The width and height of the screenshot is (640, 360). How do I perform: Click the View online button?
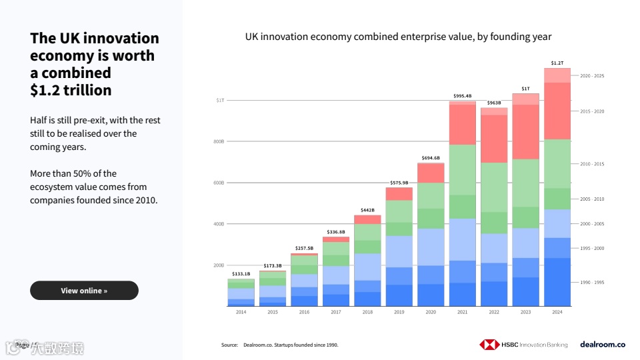[x=84, y=291]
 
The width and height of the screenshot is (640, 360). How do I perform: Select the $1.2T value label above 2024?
[x=557, y=63]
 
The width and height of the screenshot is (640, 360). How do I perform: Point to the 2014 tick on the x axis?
[x=241, y=312]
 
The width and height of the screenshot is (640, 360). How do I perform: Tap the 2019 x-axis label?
[x=399, y=312]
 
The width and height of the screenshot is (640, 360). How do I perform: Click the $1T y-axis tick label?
[x=220, y=101]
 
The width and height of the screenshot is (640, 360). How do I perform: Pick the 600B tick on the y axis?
[x=219, y=183]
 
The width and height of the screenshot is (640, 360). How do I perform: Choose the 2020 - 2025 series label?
[x=592, y=76]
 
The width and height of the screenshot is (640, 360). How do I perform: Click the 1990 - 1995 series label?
[x=592, y=283]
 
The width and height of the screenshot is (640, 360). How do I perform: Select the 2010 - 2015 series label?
[x=592, y=164]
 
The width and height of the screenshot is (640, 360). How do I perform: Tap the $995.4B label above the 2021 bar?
[x=462, y=96]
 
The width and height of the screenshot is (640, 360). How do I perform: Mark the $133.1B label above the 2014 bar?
[x=241, y=274]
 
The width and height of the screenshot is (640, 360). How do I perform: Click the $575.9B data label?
[x=399, y=183]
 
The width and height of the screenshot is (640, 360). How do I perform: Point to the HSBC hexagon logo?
[x=489, y=345]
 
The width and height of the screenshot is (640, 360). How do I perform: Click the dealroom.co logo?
[x=603, y=345]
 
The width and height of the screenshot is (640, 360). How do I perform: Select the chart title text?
[x=399, y=37]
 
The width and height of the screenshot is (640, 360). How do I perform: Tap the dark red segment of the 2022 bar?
[x=494, y=139]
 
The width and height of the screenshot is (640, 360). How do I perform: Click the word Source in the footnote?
[x=229, y=345]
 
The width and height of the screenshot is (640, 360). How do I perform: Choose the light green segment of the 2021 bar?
[x=462, y=169]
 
